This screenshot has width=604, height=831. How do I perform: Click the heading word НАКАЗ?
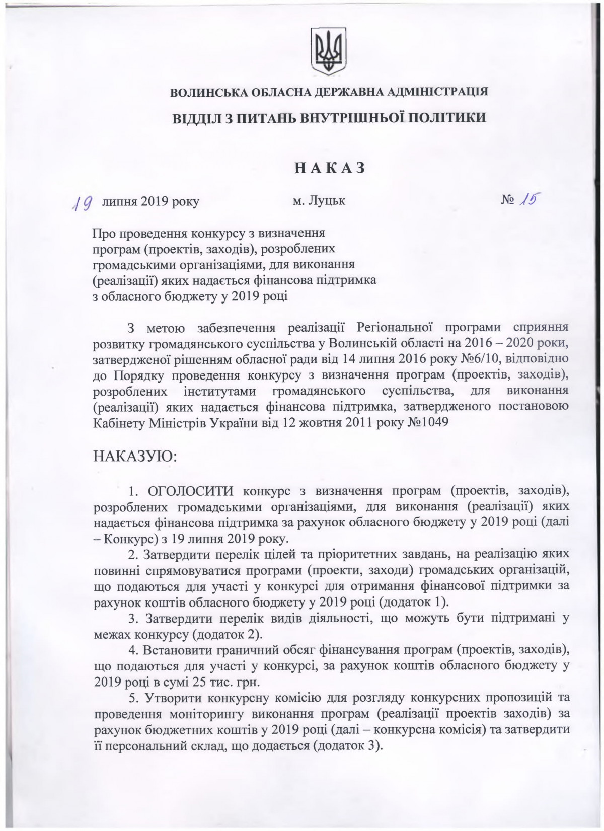[x=330, y=168]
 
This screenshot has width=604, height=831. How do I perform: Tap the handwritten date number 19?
[x=82, y=203]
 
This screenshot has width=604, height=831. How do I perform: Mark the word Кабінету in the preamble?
[x=118, y=422]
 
